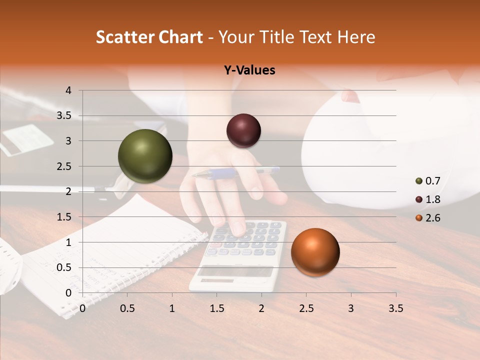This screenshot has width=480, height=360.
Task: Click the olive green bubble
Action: pos(145,156)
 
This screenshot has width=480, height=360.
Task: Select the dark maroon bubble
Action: pos(243,130)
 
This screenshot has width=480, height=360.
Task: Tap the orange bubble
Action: pos(315,252)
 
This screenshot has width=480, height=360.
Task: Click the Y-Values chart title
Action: pos(249,70)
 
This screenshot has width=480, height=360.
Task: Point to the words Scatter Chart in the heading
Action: pos(149,37)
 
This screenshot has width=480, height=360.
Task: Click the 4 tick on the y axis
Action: pos(68,90)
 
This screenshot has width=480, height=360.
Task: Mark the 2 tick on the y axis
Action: pos(68,191)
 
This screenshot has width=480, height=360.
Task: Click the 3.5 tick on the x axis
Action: pos(395,308)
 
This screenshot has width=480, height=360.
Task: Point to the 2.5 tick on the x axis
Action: pos(306,308)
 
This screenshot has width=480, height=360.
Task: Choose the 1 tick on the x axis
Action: pos(172,308)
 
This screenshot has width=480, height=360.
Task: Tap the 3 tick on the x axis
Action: pos(350,308)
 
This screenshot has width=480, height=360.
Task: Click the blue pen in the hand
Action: pos(235,173)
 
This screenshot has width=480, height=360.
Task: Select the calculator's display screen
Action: pos(235,271)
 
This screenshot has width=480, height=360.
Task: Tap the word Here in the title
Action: pos(355,37)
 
